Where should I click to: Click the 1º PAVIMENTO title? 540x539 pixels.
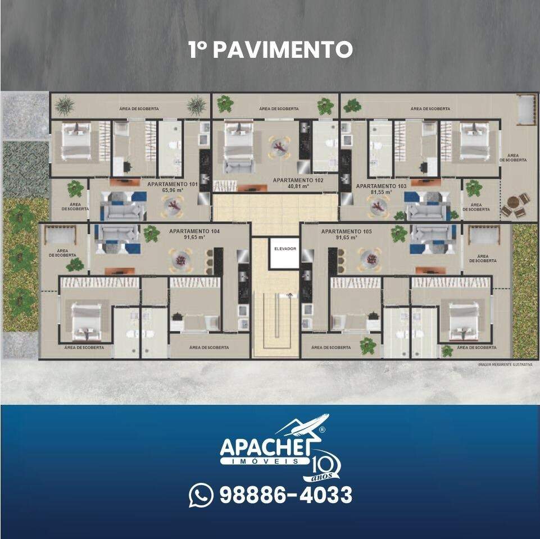(270, 49)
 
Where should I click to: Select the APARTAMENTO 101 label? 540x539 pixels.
(174, 184)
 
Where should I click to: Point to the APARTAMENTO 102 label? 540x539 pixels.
(298, 180)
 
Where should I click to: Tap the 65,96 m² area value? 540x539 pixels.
(174, 190)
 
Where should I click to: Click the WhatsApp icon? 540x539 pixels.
(201, 495)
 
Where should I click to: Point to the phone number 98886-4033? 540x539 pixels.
(285, 495)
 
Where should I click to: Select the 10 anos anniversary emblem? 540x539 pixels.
(325, 466)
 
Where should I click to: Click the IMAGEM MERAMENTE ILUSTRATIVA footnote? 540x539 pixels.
(505, 364)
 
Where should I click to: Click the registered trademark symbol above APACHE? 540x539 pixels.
(322, 430)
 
